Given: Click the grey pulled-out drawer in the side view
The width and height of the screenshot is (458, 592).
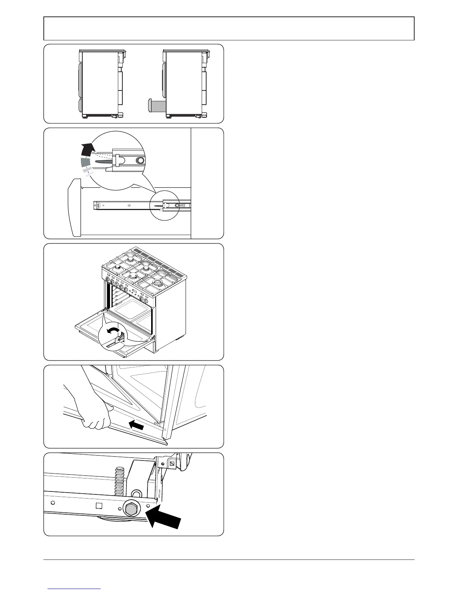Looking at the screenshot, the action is [x=157, y=105].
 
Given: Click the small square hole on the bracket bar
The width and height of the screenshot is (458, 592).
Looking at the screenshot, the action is [x=99, y=506].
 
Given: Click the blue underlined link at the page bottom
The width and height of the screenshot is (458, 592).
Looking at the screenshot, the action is [x=74, y=588].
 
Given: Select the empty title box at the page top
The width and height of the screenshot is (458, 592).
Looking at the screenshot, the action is [x=229, y=28].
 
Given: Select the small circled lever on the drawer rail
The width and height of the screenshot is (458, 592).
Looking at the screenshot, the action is [x=161, y=206].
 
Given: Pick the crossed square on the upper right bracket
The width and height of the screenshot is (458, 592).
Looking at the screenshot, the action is [x=172, y=464].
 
